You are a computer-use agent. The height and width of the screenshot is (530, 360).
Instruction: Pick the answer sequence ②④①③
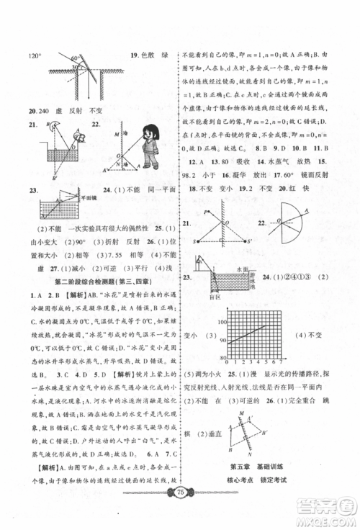tap(305, 277)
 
